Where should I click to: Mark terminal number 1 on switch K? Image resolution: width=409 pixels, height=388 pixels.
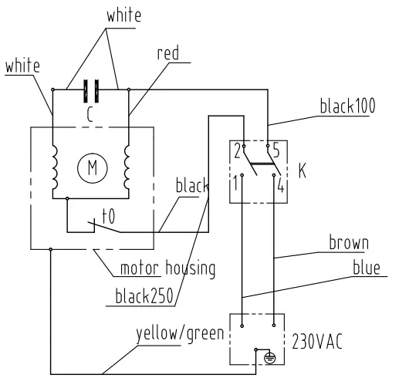[236, 185]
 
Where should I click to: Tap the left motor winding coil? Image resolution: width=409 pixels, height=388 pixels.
[53, 167]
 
